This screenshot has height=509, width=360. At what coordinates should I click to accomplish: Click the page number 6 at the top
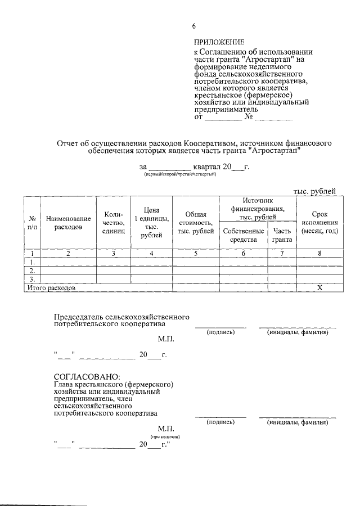[194, 26]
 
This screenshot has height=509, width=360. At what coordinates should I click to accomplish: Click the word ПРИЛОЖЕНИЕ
[219, 42]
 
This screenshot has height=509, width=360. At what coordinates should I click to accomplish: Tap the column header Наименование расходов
[68, 222]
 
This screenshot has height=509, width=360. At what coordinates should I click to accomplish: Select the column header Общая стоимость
[195, 223]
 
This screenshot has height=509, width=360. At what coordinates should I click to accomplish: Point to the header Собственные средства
[243, 235]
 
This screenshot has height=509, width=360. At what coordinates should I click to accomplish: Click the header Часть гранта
[282, 235]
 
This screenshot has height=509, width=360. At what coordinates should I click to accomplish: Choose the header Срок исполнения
[319, 222]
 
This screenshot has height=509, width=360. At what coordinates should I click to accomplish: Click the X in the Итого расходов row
[319, 287]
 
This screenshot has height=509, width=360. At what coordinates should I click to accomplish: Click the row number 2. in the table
[32, 271]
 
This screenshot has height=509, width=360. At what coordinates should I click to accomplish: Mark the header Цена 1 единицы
[151, 222]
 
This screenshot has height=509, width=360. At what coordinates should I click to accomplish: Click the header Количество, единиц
[113, 222]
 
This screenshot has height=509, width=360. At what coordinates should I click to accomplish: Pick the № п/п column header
[32, 222]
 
